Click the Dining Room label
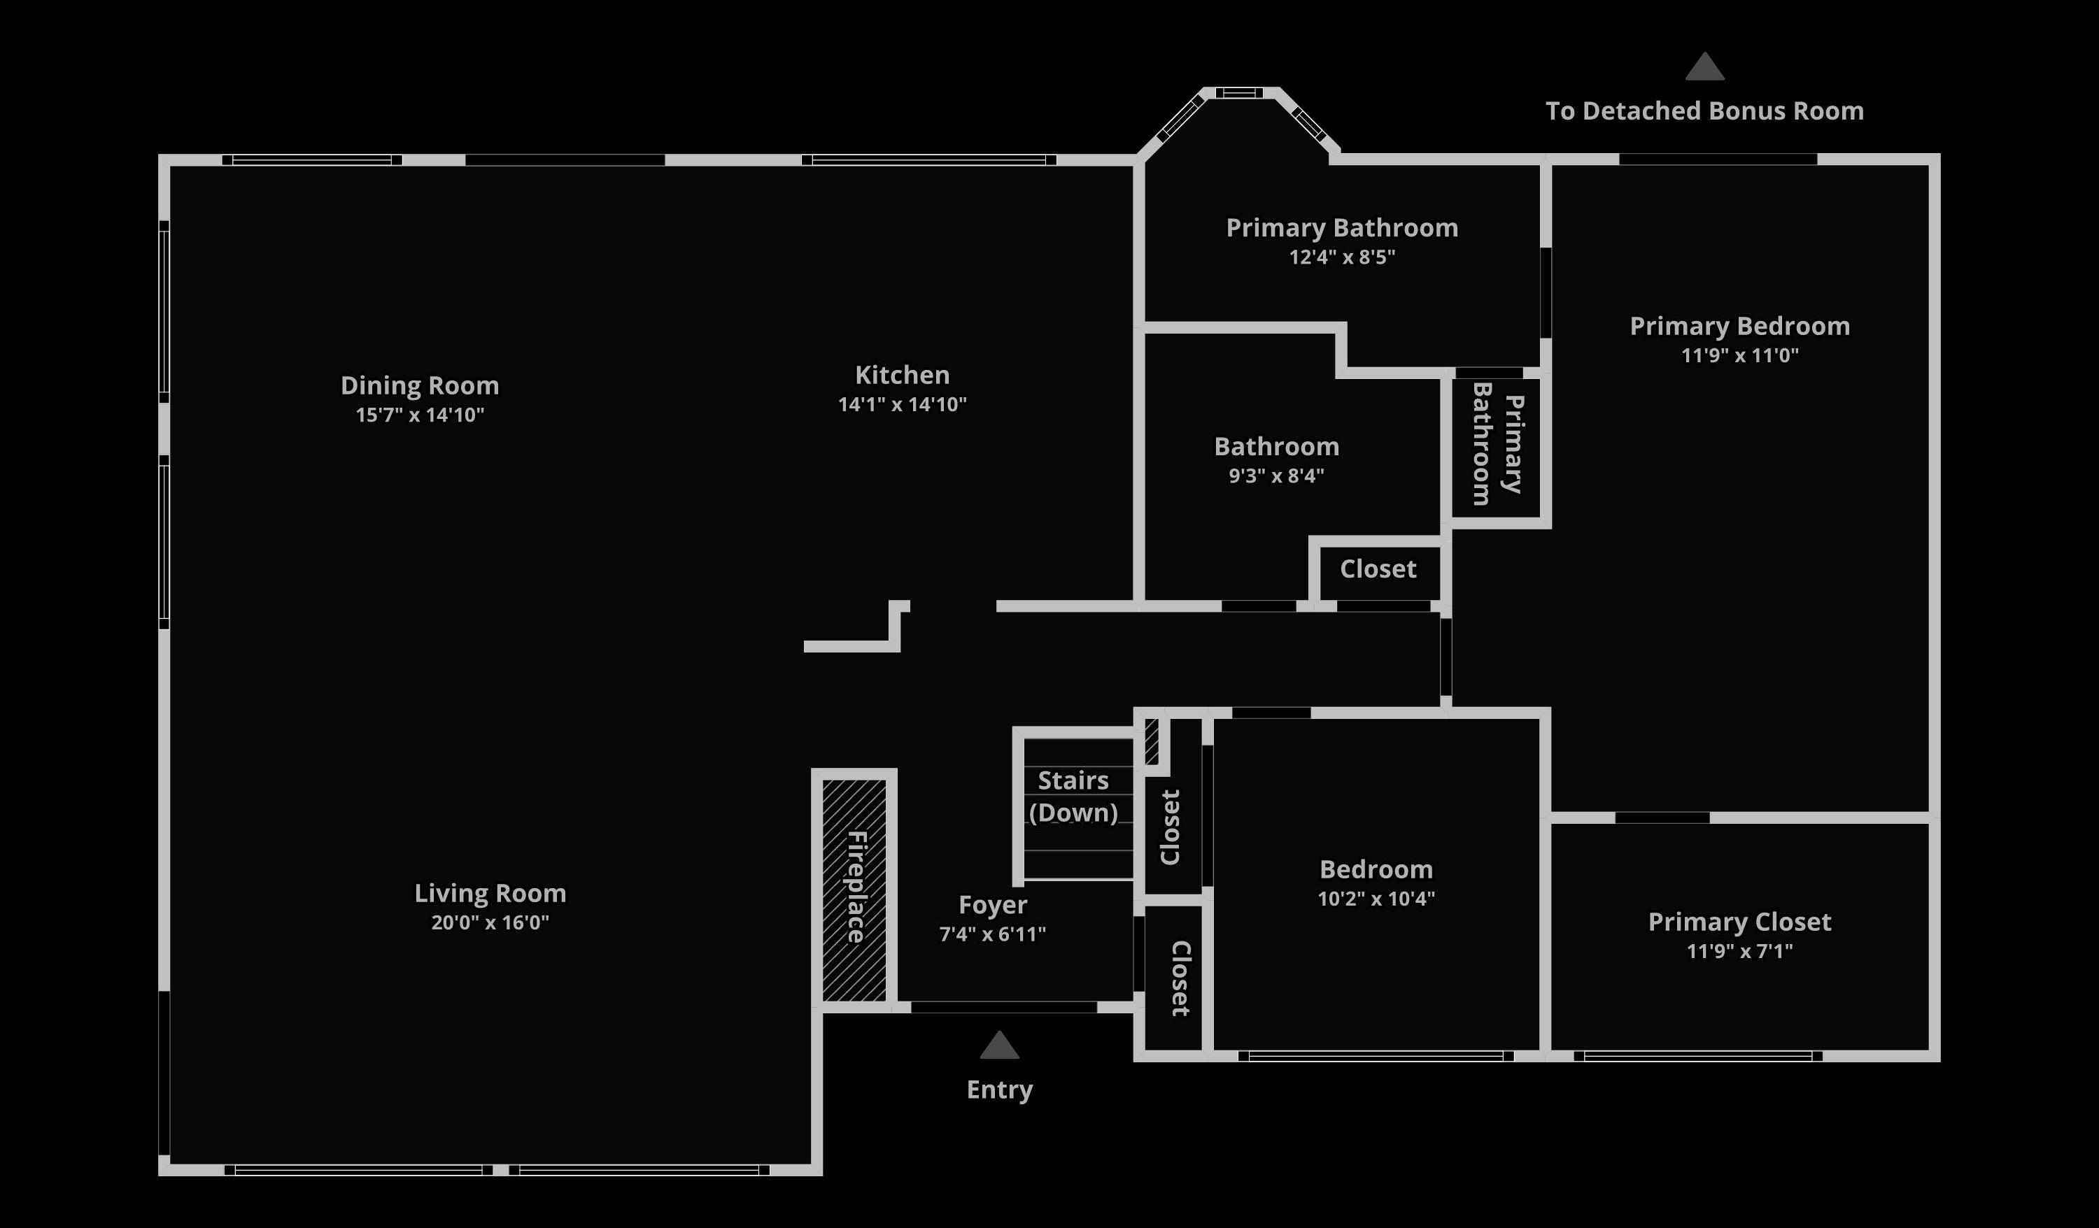420,385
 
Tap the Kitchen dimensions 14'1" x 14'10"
902,405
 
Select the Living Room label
490,893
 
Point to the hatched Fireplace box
854,889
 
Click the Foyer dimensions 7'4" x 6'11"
992,934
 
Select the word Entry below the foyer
1000,1090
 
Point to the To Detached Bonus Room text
1704,110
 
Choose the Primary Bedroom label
1739,327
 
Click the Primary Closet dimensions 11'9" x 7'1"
1739,951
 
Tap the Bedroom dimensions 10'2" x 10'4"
1376,899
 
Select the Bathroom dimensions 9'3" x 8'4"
1276,476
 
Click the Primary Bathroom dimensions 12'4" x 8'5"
1342,257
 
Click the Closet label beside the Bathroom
1378,569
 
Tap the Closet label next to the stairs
1171,827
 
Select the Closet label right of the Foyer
1180,979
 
